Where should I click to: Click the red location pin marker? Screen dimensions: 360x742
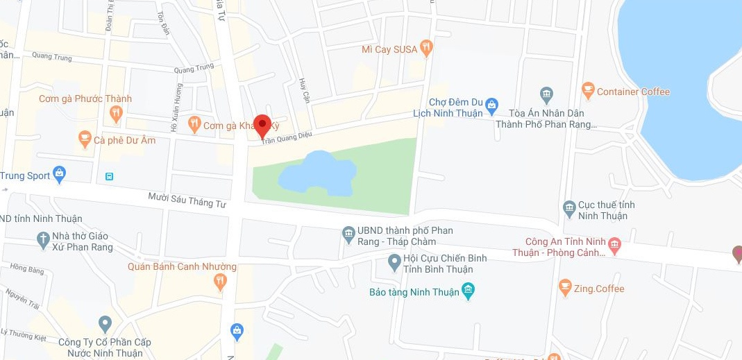pos(262,126)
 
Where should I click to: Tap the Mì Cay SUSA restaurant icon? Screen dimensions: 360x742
pos(426,48)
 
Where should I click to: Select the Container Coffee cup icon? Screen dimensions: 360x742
pos(588,90)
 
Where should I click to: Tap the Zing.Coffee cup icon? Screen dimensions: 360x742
pos(565,287)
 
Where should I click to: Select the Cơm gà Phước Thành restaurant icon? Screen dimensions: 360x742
pos(116,114)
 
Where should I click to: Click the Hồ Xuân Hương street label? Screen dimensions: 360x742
pos(176,109)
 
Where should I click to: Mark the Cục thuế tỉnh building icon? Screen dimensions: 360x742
pos(569,207)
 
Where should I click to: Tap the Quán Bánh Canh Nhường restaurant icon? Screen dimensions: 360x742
pos(219,281)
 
